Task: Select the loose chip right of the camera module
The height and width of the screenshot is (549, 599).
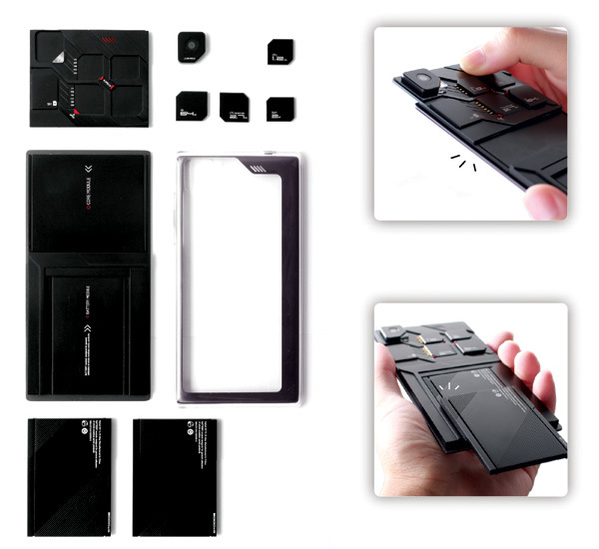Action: [x=280, y=52]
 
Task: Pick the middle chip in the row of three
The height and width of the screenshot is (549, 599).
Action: [x=235, y=106]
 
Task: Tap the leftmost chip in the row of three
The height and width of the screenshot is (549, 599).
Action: [x=191, y=105]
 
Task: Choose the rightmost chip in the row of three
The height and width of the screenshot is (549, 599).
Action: [x=280, y=108]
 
